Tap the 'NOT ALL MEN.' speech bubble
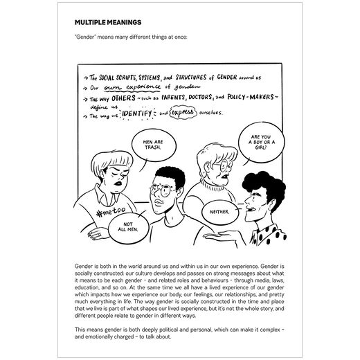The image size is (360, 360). (x=129, y=229)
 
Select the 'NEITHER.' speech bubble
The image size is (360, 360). (x=217, y=209)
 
